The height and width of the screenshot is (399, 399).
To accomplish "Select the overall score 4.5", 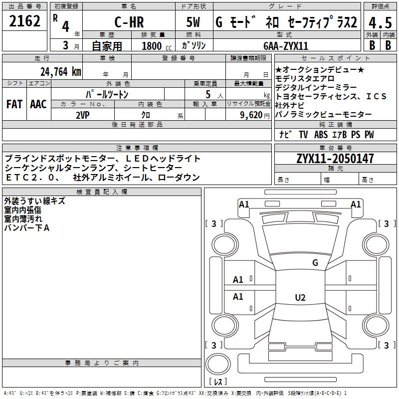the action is pyautogui.click(x=380, y=22).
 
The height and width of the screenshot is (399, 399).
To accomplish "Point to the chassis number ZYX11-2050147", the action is pyautogui.click(x=335, y=159).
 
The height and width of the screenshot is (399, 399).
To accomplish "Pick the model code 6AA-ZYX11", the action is pyautogui.click(x=286, y=45).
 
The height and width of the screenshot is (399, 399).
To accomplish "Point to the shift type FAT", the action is pyautogui.click(x=14, y=104).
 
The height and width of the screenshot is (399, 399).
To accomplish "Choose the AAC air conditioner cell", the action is pyautogui.click(x=38, y=104).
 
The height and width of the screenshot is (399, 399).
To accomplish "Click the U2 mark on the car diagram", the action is pyautogui.click(x=300, y=298).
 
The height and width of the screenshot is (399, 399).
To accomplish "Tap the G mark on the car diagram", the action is pyautogui.click(x=315, y=262).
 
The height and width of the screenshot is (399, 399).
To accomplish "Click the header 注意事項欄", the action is pyautogui.click(x=137, y=148).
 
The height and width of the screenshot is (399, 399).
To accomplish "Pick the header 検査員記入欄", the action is pyautogui.click(x=102, y=192).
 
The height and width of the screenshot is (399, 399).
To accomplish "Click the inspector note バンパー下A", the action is pyautogui.click(x=27, y=228).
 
